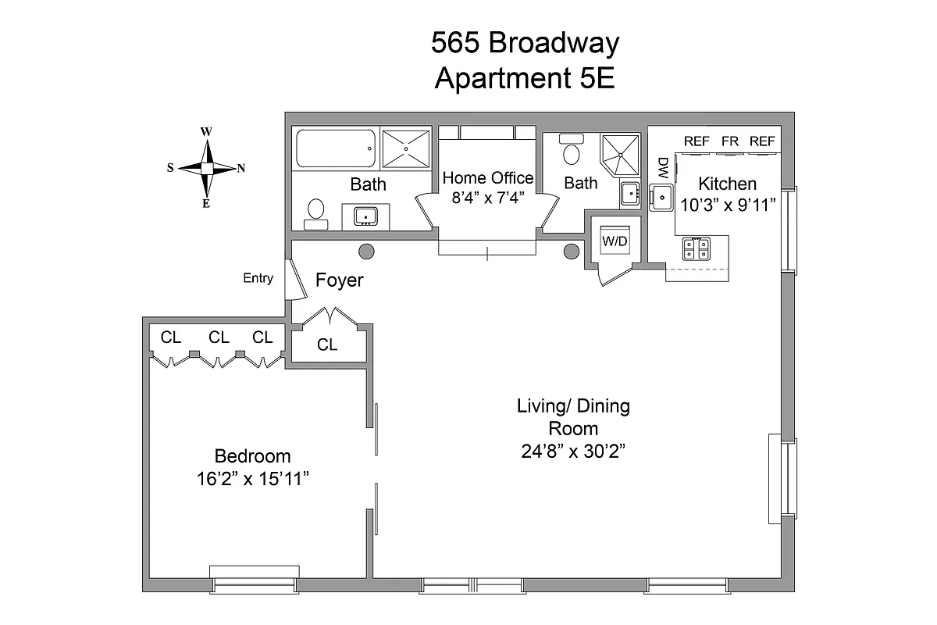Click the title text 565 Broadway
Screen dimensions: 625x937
tap(525, 43)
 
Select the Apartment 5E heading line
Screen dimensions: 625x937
tap(525, 79)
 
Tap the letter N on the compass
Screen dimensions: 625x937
tap(241, 168)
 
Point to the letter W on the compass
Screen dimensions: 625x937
tap(206, 131)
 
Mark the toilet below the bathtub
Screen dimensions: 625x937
tap(316, 212)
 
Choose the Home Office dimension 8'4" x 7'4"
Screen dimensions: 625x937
tap(487, 198)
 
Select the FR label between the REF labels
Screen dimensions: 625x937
tap(730, 141)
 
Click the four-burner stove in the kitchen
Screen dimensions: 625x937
tap(697, 248)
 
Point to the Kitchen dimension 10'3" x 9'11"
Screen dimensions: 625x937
tap(727, 205)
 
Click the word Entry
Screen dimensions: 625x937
tap(258, 278)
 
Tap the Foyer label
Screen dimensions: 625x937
tap(340, 280)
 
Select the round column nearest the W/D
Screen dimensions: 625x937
tap(572, 251)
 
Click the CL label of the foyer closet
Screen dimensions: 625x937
tap(327, 345)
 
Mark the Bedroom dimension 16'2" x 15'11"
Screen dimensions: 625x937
tap(253, 479)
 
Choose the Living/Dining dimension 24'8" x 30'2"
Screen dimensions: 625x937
tap(573, 451)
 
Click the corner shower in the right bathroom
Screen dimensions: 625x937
tap(620, 154)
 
